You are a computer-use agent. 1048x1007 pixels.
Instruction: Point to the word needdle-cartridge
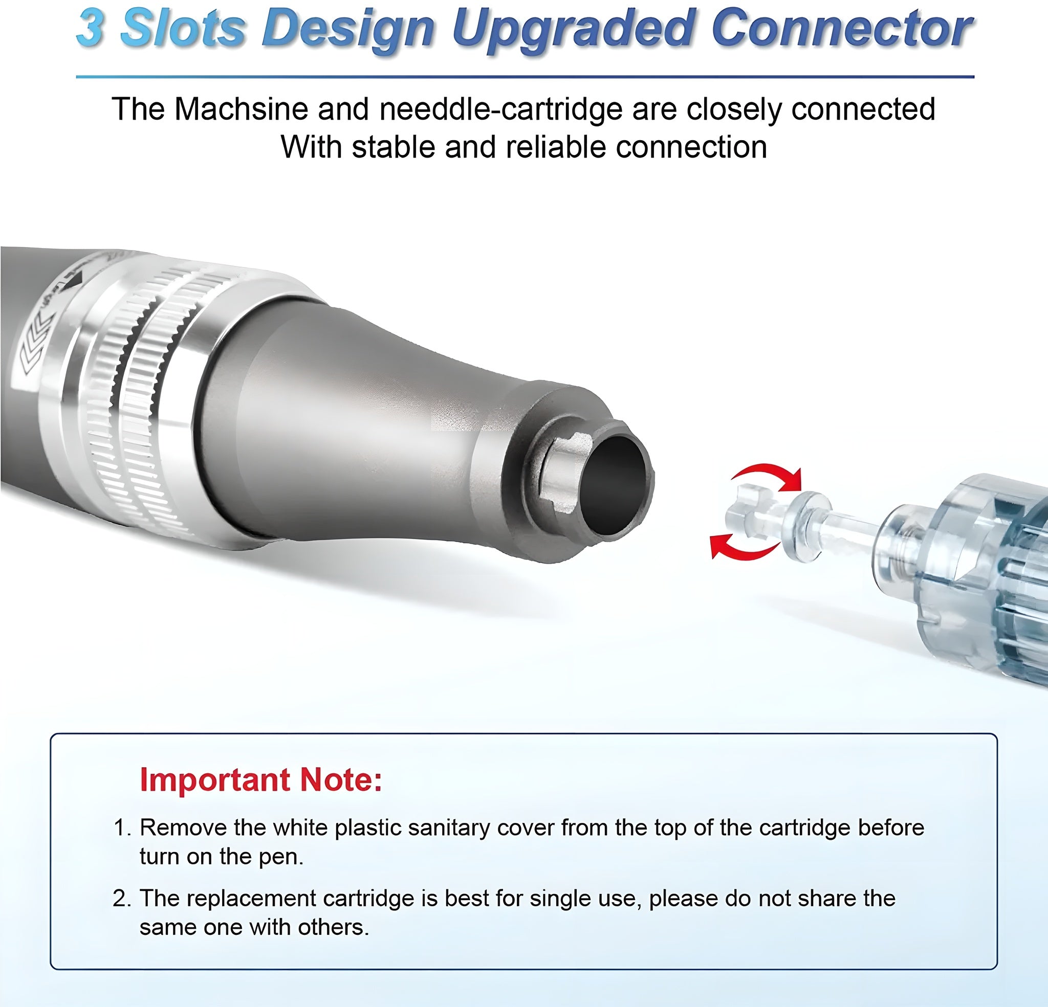(x=500, y=109)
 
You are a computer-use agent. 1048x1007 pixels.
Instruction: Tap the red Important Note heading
(x=261, y=780)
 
